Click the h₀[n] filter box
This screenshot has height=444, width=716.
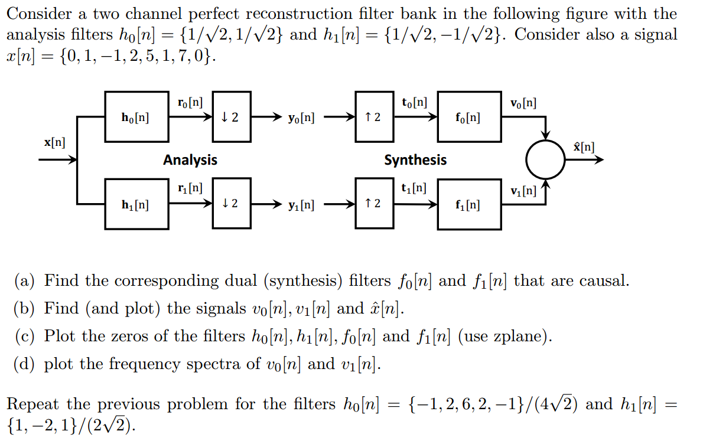[x=136, y=117]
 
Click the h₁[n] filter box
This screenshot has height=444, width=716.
[x=136, y=204]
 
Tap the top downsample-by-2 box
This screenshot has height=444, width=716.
[x=232, y=117]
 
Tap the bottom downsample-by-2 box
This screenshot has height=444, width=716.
[x=232, y=204]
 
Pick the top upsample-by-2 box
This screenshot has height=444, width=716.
[x=374, y=117]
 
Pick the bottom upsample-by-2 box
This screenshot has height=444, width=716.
[x=374, y=204]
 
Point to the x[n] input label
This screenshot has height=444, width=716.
[x=55, y=142]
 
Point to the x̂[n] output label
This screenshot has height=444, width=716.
[x=584, y=146]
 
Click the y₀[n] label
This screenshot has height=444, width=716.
[x=301, y=117]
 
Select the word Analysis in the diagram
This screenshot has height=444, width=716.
[x=190, y=160]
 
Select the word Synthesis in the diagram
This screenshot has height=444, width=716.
[x=415, y=160]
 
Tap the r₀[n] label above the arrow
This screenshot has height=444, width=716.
[x=190, y=102]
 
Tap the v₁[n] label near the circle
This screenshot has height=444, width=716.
[x=523, y=191]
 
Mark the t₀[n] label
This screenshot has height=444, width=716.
[x=414, y=102]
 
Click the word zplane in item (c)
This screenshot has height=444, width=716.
[x=520, y=337]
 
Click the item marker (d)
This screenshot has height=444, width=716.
[x=25, y=364]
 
